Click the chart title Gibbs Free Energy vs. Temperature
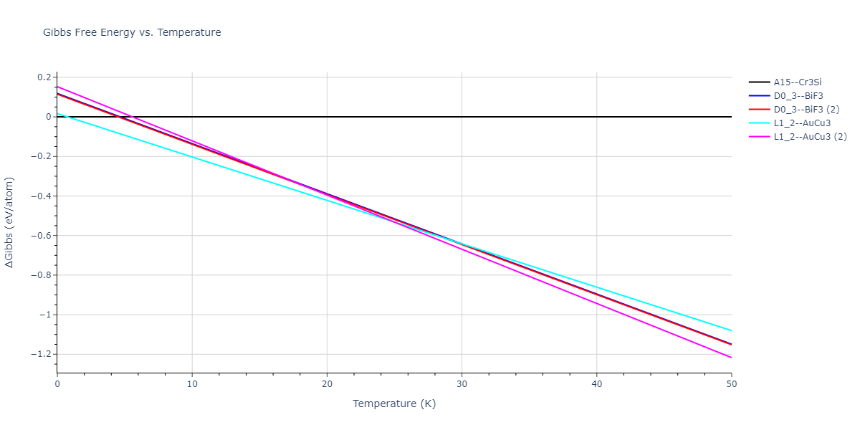[x=132, y=32]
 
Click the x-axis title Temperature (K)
[x=394, y=403]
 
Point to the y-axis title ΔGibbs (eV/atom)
[x=10, y=223]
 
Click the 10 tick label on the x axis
[x=192, y=384]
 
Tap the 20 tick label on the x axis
[x=327, y=384]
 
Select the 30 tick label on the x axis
[x=462, y=384]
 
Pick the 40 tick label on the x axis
[x=596, y=384]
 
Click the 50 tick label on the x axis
[x=731, y=384]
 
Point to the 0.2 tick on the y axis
[x=44, y=77]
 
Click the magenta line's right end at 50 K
[x=731, y=357]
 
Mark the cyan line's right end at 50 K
[x=731, y=330]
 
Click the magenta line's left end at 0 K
[x=57, y=86]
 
